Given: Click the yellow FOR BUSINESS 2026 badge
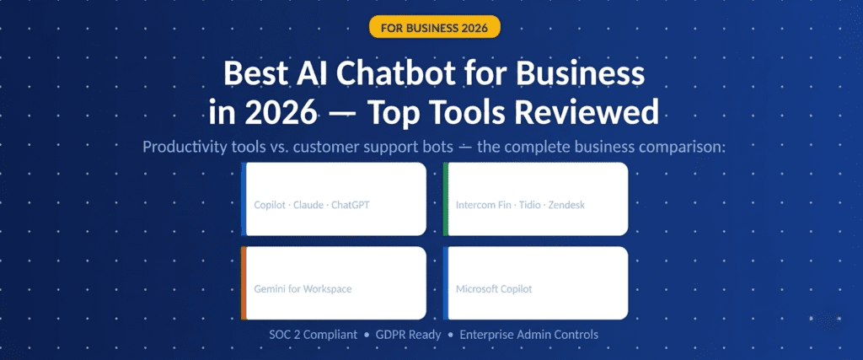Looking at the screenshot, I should click(x=435, y=27).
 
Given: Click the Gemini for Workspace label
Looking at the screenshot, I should click(x=303, y=289).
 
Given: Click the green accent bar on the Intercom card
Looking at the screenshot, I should click(x=445, y=199).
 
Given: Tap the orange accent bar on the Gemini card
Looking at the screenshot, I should click(x=243, y=283).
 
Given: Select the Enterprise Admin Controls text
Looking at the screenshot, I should click(x=529, y=335).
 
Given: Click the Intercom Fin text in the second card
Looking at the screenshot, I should click(x=481, y=205).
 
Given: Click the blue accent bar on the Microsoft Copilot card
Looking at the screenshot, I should click(x=445, y=283).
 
